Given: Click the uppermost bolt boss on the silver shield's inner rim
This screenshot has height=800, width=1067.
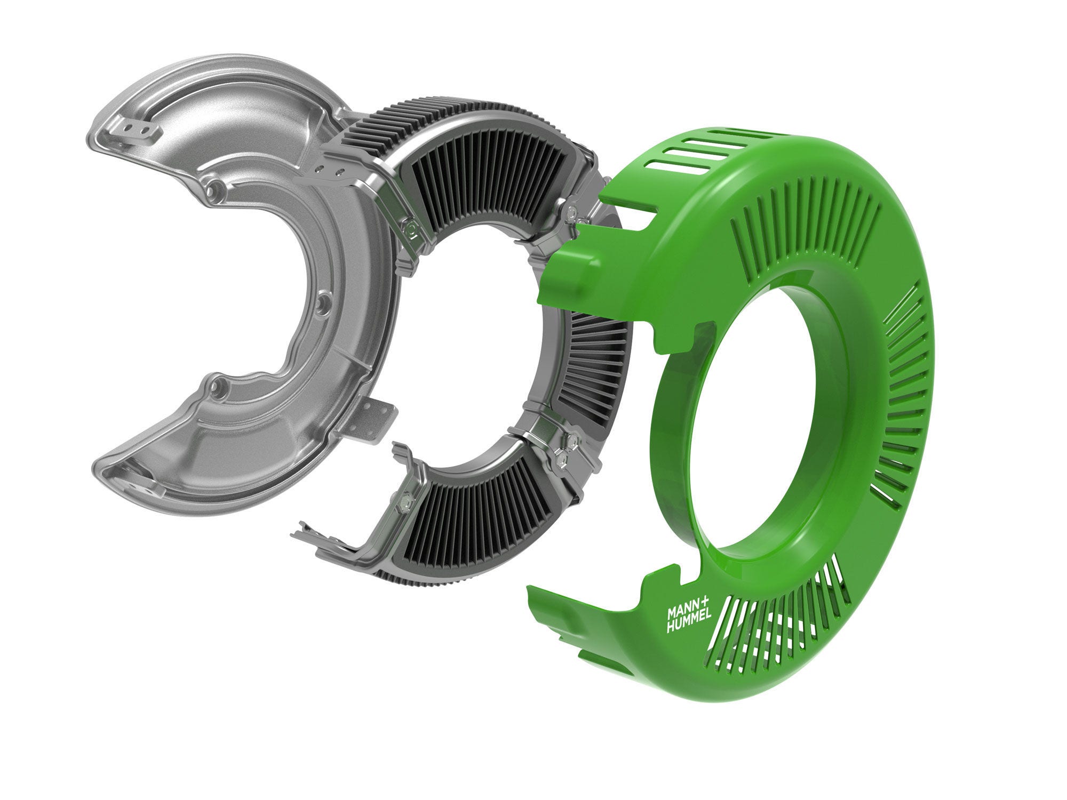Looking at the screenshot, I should tap(216, 187).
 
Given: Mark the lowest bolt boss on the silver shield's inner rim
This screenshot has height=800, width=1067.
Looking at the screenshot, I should tap(219, 385).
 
